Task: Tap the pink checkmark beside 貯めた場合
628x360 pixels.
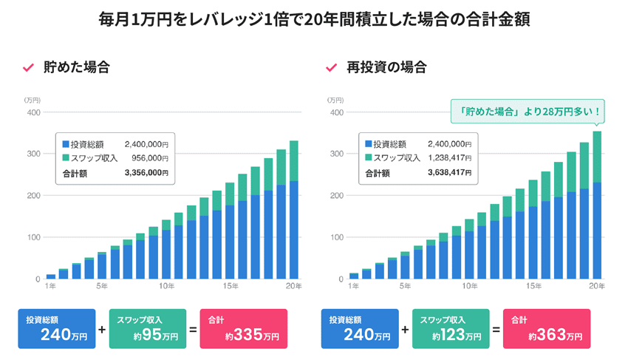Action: click(x=29, y=68)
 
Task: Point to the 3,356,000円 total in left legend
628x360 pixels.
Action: click(x=146, y=174)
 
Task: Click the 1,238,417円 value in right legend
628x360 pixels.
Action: click(x=449, y=158)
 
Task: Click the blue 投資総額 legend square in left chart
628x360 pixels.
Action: click(x=66, y=144)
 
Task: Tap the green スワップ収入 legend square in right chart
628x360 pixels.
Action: click(x=368, y=158)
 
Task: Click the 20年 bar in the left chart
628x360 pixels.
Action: click(x=293, y=210)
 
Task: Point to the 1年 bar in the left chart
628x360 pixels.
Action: click(x=50, y=276)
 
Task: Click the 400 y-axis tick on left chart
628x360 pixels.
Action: click(x=33, y=112)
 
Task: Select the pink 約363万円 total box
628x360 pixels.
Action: click(x=547, y=328)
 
